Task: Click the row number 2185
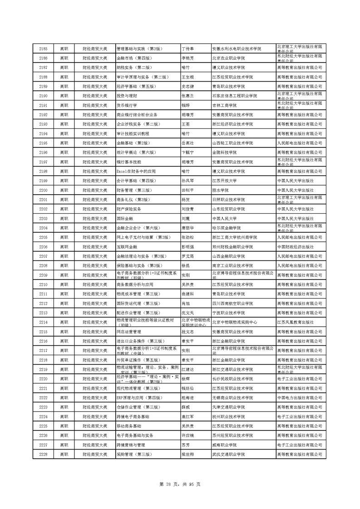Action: (44, 49)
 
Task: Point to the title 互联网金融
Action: (127, 247)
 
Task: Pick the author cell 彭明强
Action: (187, 247)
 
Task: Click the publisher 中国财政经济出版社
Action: (295, 247)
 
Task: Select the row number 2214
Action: (44, 323)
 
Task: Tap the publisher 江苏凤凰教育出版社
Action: (295, 323)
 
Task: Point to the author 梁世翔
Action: (187, 455)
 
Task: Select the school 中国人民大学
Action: (225, 219)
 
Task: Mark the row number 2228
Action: (44, 455)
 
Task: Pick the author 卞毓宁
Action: (187, 152)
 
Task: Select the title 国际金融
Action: (125, 219)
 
